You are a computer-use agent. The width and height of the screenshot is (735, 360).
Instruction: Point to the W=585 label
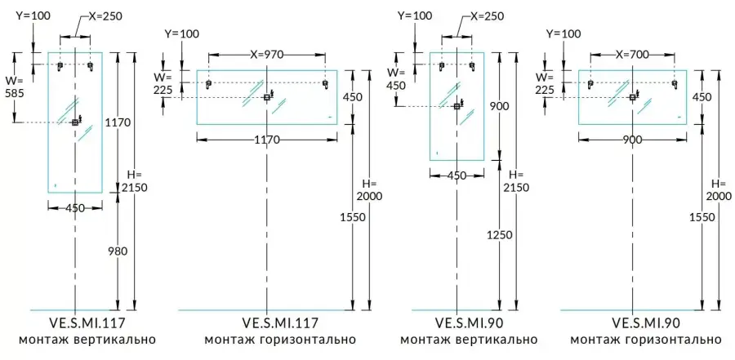15,88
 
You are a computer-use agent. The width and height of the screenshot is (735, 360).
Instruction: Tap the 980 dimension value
118,251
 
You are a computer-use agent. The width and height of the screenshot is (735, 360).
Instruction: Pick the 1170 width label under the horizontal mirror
266,140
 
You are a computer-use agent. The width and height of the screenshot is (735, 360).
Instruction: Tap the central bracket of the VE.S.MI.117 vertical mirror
76,122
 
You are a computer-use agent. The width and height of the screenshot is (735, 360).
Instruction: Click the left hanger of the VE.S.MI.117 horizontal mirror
209,84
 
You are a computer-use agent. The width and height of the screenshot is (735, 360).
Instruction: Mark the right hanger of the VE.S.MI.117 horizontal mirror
325,84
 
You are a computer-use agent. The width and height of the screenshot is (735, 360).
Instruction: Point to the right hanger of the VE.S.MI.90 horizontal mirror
675,84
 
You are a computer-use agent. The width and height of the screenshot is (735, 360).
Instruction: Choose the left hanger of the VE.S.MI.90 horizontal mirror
590,84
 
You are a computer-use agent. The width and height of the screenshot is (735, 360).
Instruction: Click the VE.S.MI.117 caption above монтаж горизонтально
266,323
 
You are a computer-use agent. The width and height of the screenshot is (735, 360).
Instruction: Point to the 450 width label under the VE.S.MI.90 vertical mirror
457,175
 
